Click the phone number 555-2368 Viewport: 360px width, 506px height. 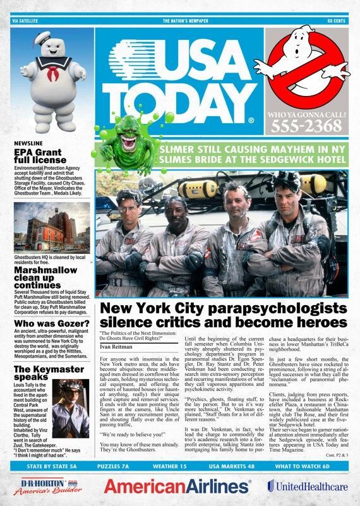click(x=306, y=126)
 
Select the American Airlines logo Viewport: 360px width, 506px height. click(x=177, y=485)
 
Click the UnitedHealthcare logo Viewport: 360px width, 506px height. click(x=307, y=485)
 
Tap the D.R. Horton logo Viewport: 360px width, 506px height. click(x=44, y=485)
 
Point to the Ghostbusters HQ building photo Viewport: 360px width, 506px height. click(x=51, y=228)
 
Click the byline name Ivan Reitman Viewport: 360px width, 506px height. click(x=117, y=347)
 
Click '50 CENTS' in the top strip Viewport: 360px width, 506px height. click(x=337, y=21)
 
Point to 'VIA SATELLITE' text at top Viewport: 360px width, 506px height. click(x=25, y=21)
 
